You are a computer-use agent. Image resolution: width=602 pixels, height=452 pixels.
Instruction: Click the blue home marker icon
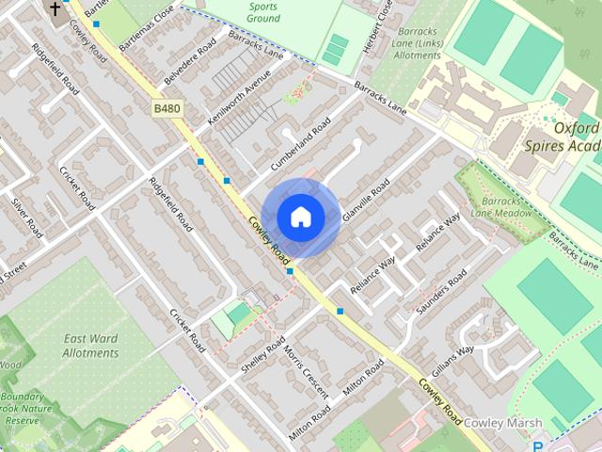(x=300, y=217)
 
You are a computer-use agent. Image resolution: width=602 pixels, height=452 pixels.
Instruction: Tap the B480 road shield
(x=166, y=109)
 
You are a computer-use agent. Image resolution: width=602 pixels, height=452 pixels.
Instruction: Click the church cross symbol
(x=55, y=9)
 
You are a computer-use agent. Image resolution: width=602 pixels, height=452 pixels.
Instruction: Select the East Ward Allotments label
(x=90, y=346)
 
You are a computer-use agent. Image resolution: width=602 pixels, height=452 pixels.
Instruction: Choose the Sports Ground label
(x=262, y=11)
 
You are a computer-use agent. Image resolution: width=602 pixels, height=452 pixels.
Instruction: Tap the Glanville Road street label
(x=366, y=201)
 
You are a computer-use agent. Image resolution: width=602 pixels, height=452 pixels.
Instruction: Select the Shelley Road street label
(x=261, y=357)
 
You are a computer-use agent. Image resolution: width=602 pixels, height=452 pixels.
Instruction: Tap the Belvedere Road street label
(x=192, y=61)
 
